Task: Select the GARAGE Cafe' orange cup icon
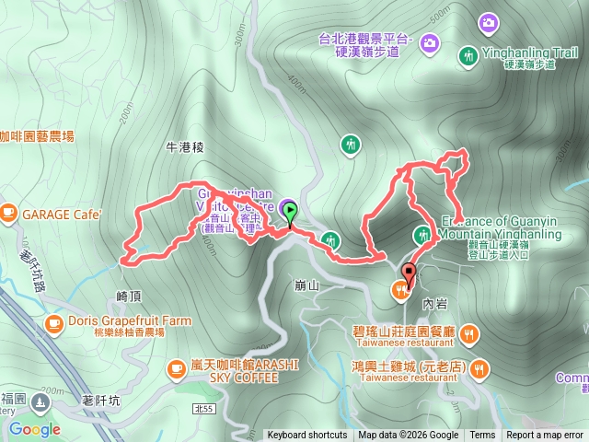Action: click(x=9, y=214)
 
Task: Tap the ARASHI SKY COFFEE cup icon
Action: click(x=177, y=369)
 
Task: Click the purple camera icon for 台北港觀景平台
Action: click(x=488, y=21)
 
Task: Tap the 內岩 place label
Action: click(x=433, y=301)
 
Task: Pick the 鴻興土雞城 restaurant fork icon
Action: click(x=479, y=369)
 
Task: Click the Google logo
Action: click(x=34, y=429)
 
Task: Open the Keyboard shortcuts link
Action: click(x=307, y=436)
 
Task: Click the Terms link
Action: click(x=482, y=436)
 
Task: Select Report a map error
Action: click(x=546, y=436)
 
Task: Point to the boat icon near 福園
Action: click(x=40, y=401)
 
